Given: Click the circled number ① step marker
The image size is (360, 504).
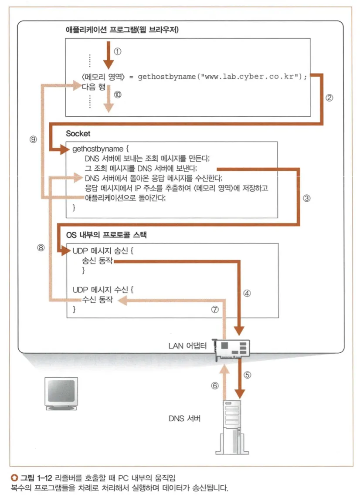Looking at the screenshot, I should point(117,51).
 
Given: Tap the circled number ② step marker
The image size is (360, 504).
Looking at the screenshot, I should point(329,98).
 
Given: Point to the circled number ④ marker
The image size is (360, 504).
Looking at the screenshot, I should point(247,293).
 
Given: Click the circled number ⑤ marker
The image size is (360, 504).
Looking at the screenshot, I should point(247,374).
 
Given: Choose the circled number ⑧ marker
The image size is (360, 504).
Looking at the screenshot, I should point(41,247).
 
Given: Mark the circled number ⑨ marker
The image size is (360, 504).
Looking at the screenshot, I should point(33,139).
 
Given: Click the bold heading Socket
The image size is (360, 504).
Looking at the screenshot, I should point(78,133).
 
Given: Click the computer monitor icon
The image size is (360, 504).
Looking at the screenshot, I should point(61,394).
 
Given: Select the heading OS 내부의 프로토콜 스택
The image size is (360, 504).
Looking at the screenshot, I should point(107,235).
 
